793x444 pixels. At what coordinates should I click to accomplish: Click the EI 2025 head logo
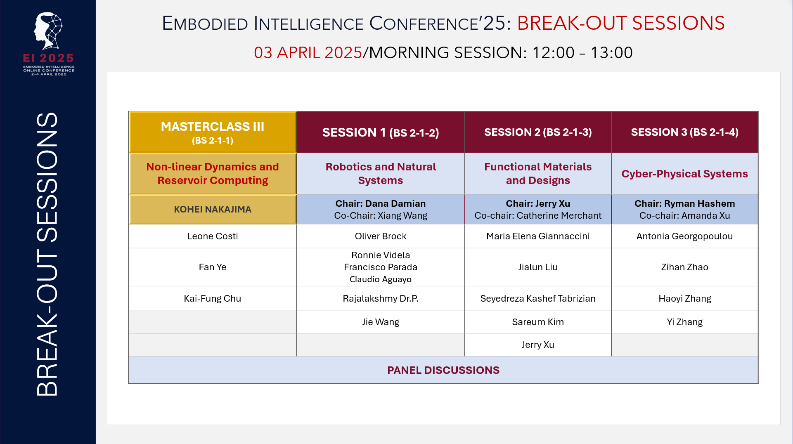click(x=48, y=31)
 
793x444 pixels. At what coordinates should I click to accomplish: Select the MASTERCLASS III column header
click(x=213, y=132)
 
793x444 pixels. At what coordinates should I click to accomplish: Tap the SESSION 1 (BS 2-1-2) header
click(x=380, y=132)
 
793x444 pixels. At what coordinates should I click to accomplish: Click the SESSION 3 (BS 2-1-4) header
click(x=684, y=132)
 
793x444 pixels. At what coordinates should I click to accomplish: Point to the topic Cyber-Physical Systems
click(x=684, y=174)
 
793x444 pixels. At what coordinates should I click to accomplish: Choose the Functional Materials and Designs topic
click(x=537, y=173)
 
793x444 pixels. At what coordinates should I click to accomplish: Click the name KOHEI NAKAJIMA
click(x=213, y=209)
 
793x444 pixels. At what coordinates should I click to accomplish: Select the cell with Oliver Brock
click(x=380, y=236)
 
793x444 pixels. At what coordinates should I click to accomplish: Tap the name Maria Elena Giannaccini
click(x=537, y=236)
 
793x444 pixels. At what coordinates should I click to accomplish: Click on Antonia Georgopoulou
click(x=684, y=236)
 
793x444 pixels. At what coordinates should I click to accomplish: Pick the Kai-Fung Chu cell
click(x=213, y=298)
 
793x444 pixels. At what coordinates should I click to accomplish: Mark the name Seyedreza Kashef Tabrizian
click(x=537, y=298)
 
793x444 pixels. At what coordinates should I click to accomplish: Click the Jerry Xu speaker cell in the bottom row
click(x=537, y=345)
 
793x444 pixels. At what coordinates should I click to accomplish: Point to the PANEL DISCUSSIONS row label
click(x=443, y=370)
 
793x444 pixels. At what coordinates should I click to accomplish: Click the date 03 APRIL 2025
click(x=308, y=53)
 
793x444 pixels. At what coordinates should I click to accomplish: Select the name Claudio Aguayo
click(x=380, y=279)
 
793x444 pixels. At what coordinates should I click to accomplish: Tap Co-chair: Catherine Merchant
click(x=537, y=216)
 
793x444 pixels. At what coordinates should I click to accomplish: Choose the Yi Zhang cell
click(x=684, y=322)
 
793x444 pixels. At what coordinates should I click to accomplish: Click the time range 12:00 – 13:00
click(x=582, y=53)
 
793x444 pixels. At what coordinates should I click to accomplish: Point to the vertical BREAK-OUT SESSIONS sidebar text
click(x=47, y=254)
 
